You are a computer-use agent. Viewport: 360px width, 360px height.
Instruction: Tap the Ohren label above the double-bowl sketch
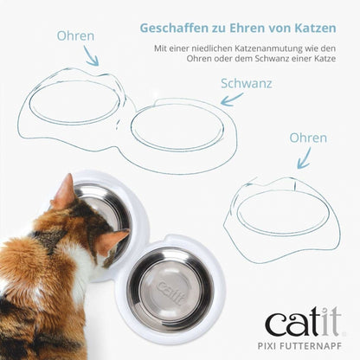click(75, 37)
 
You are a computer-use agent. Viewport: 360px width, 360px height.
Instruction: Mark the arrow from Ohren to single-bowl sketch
click(303, 157)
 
